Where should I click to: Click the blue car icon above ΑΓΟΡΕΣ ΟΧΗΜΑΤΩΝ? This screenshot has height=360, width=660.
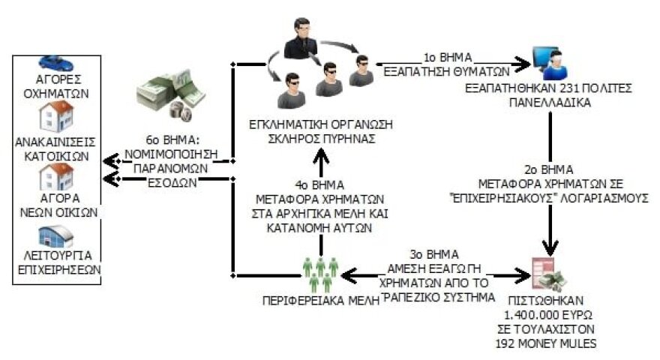point(52,61)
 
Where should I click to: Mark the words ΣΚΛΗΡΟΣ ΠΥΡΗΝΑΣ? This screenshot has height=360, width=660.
point(320,136)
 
